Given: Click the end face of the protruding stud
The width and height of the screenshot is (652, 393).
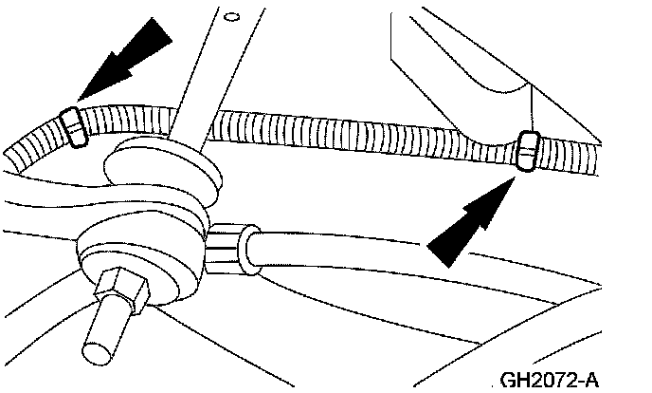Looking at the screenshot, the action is (99, 346).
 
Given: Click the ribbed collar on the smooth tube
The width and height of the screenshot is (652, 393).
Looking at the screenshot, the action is (231, 245).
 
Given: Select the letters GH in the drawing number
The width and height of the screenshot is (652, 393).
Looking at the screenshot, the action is (514, 379).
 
